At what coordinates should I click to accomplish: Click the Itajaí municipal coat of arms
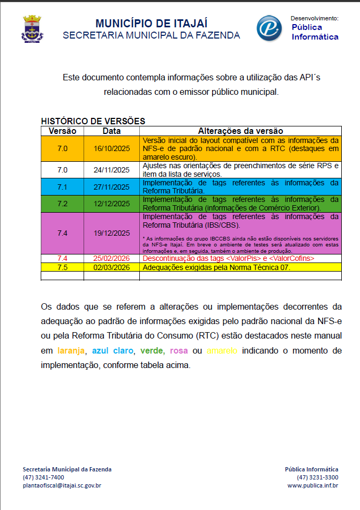32,29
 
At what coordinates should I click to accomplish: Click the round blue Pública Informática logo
269,28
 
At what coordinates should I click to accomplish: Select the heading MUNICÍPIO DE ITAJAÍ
151,24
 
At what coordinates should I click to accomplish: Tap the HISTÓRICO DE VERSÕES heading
93,122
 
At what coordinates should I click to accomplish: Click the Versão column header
62,131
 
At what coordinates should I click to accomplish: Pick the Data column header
111,131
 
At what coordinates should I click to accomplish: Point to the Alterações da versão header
240,131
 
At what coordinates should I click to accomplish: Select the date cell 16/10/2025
111,149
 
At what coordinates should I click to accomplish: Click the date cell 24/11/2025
111,170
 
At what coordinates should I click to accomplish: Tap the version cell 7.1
62,186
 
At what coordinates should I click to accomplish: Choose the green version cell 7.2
62,204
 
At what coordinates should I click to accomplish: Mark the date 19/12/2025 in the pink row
111,233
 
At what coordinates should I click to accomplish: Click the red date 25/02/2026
111,258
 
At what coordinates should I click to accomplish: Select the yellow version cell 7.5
62,267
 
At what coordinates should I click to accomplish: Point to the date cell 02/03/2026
111,267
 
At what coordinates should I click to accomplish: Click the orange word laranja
71,351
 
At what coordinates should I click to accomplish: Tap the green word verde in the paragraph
152,351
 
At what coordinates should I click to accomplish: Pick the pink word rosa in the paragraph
179,351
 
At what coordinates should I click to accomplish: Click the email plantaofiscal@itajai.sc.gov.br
62,485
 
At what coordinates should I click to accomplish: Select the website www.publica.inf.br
313,485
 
